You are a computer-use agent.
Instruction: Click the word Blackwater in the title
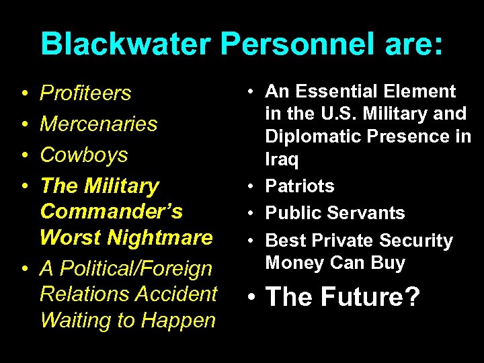point(126,44)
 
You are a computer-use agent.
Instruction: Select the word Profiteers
point(85,93)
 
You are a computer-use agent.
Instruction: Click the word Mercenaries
point(98,124)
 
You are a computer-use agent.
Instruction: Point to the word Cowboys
point(83,155)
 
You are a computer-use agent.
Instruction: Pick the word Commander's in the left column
point(111,211)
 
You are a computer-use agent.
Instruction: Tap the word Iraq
point(281,159)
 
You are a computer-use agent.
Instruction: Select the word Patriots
point(300,186)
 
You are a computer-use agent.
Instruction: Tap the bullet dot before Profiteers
point(24,93)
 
